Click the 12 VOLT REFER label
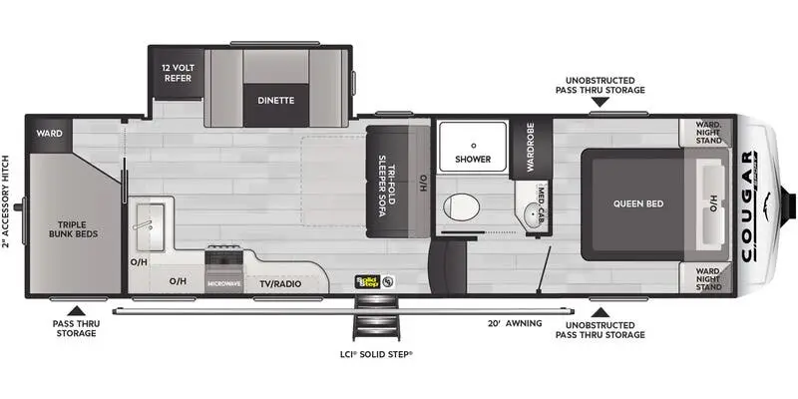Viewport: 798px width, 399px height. (x=177, y=73)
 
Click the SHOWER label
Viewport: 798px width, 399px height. (x=474, y=159)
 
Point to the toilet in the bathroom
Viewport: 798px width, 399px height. (x=461, y=206)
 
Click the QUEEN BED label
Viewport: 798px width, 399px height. (x=638, y=203)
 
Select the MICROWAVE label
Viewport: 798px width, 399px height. (x=224, y=283)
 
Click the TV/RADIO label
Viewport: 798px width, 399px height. (x=280, y=282)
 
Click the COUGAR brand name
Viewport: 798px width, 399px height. (x=748, y=204)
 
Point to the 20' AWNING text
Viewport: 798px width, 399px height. (x=515, y=323)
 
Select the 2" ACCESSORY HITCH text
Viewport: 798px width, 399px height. (x=8, y=199)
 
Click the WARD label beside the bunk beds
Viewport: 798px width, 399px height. (x=50, y=133)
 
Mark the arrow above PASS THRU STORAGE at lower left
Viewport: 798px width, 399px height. (x=75, y=308)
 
